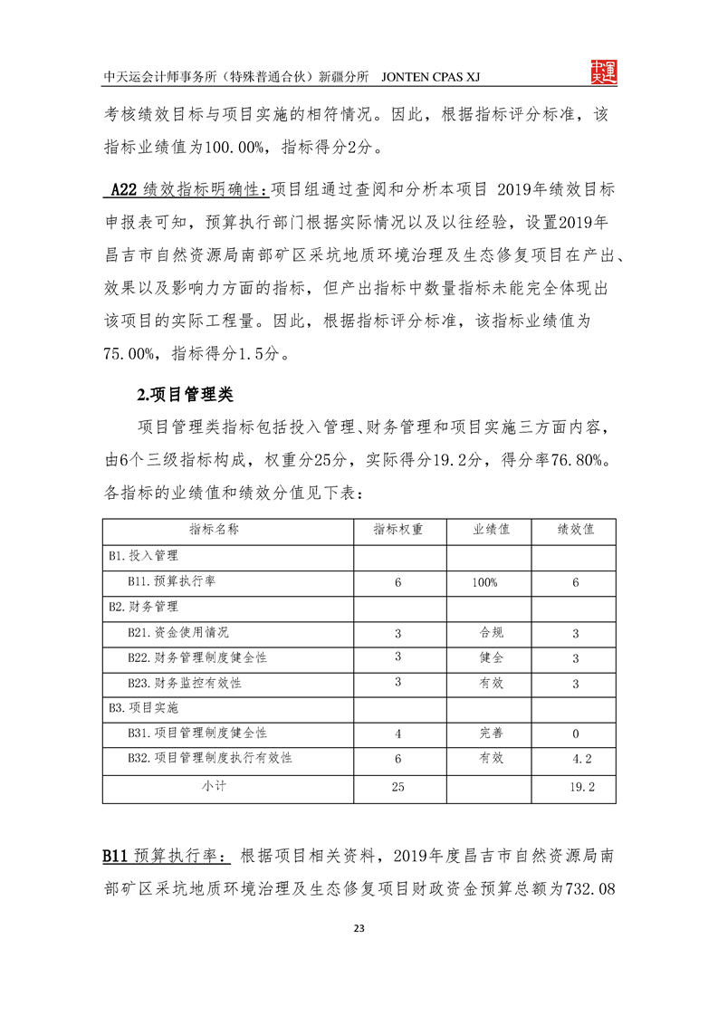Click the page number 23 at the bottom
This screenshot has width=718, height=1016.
click(x=359, y=928)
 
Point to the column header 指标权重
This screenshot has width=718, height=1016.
click(x=397, y=530)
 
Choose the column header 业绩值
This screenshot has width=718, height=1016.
click(x=490, y=530)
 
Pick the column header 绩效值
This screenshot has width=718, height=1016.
click(x=575, y=530)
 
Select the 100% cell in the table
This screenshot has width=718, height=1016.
click(x=484, y=582)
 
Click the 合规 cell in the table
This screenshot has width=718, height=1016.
click(x=491, y=632)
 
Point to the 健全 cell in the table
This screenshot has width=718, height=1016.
click(x=491, y=657)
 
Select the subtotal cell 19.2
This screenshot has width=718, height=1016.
click(x=582, y=787)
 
